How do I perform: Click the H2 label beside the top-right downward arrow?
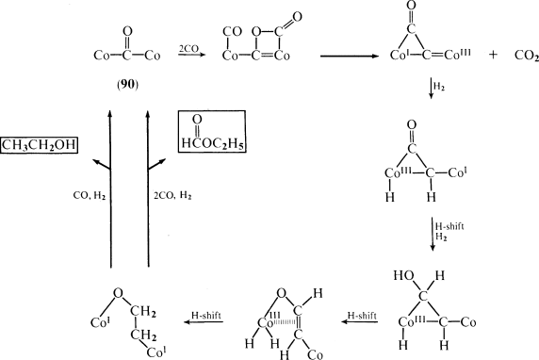440,88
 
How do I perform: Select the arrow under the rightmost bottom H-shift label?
358,323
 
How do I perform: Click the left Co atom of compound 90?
104,57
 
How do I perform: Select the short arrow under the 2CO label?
190,55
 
